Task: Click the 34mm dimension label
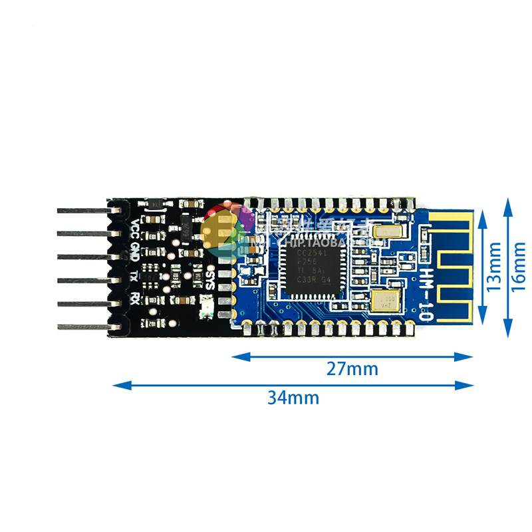[293, 398]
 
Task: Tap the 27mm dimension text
[352, 368]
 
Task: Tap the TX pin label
[135, 275]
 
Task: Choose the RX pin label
[135, 297]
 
